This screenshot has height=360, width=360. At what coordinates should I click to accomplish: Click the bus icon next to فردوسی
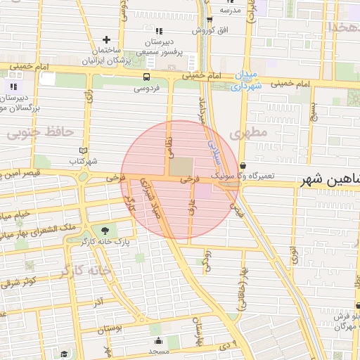pyautogui.click(x=146, y=77)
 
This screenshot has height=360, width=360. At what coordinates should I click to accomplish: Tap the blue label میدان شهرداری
pyautogui.click(x=245, y=80)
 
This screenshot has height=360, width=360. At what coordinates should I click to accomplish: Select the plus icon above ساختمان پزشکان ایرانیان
pyautogui.click(x=106, y=39)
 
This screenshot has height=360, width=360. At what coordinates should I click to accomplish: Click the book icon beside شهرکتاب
pyautogui.click(x=84, y=150)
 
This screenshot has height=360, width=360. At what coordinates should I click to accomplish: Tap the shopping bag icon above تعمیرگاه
pyautogui.click(x=243, y=166)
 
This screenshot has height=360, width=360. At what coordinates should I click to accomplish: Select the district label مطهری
pyautogui.click(x=253, y=132)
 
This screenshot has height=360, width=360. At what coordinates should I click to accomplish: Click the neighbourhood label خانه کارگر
pyautogui.click(x=86, y=271)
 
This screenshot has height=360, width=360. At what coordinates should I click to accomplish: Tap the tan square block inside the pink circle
pyautogui.click(x=181, y=167)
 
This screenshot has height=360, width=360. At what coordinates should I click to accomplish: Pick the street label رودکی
pyautogui.click(x=206, y=259)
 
